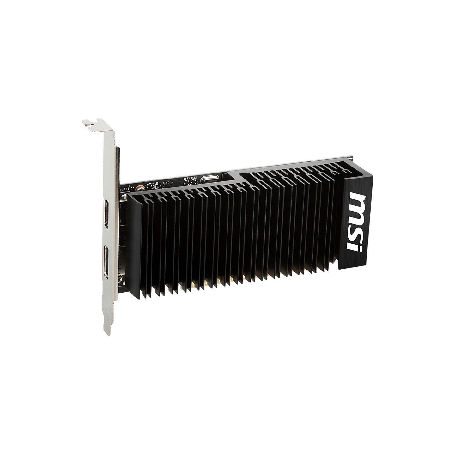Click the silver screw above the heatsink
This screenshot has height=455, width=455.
[x=138, y=188]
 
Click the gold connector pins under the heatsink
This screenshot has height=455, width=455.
[x=218, y=280]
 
